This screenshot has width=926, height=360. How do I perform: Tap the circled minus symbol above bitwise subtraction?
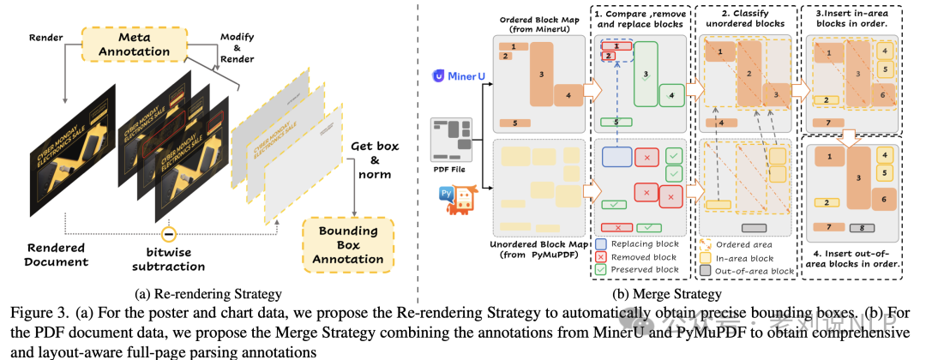[x=170, y=233]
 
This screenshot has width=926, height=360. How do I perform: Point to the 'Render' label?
[x=47, y=39]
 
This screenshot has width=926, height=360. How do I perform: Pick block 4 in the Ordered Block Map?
[x=567, y=94]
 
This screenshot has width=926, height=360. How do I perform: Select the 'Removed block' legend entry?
[x=644, y=256]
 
